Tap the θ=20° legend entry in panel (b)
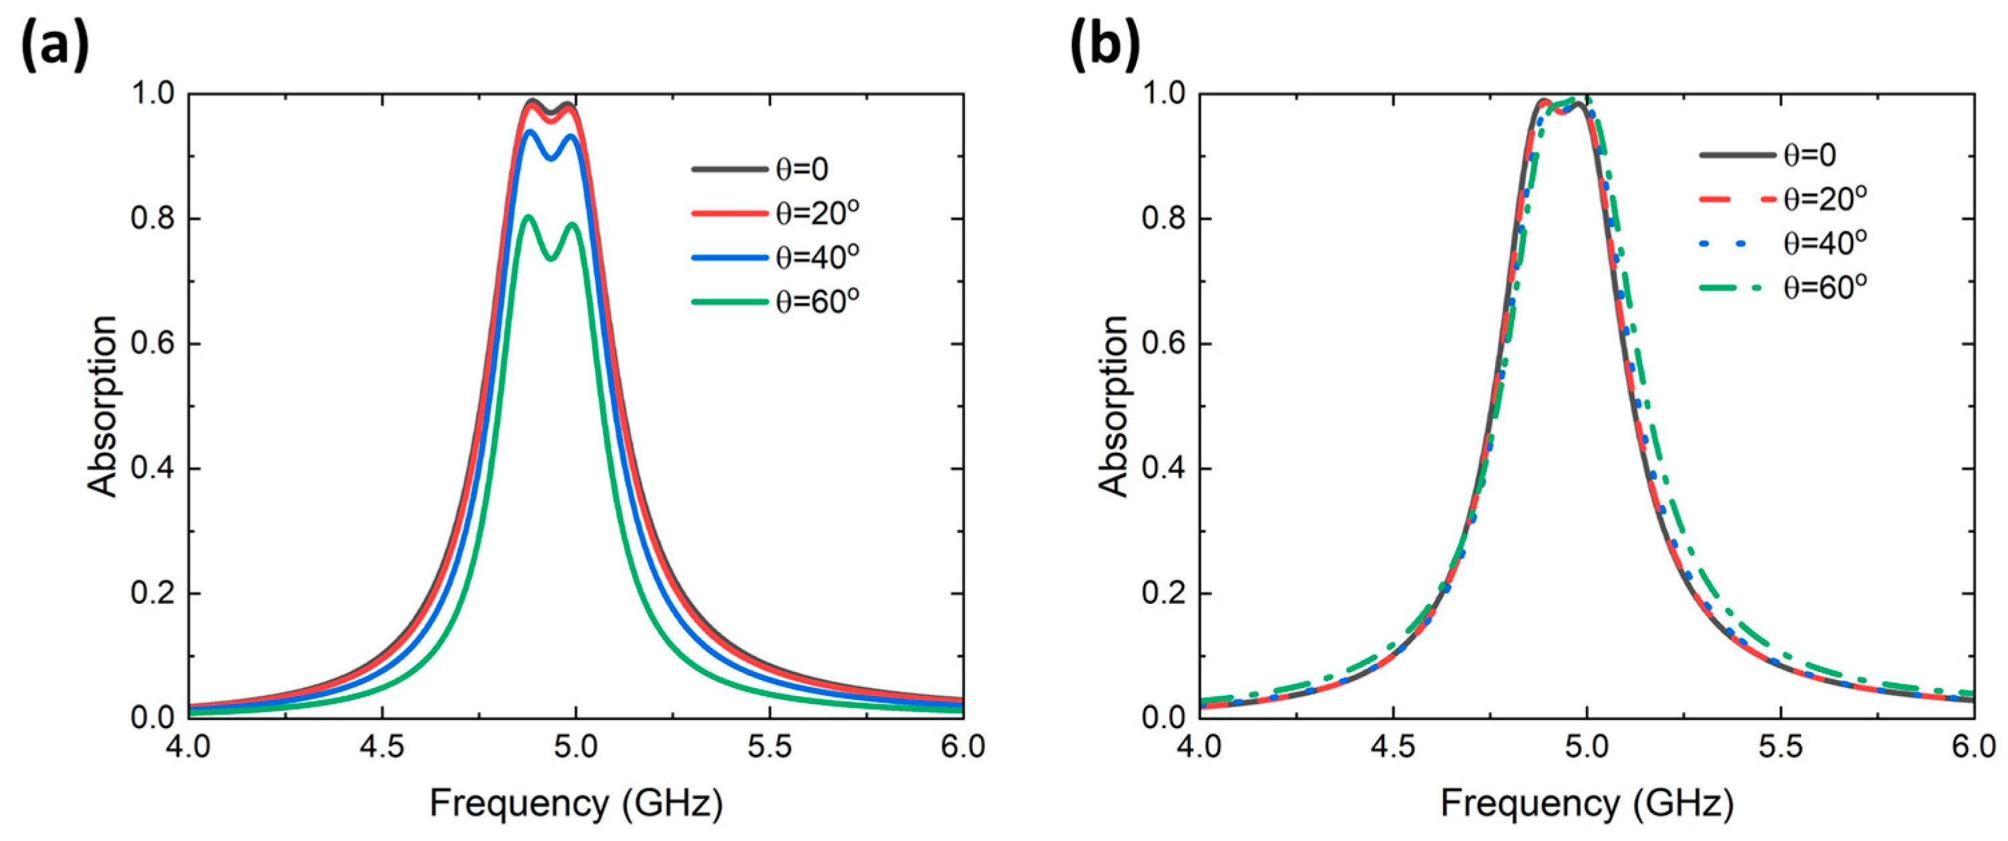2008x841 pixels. [1783, 200]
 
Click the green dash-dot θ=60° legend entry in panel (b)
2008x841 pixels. [1783, 289]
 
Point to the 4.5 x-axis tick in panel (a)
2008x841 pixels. [382, 747]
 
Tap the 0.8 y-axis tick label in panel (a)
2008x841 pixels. [153, 219]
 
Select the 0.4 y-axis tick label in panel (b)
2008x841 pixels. [1164, 469]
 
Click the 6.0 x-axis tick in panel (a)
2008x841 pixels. [964, 747]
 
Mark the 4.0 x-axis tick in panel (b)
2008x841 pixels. [1199, 747]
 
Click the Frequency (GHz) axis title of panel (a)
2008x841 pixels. [576, 804]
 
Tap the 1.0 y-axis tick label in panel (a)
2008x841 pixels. [153, 94]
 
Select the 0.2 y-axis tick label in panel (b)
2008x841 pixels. [1164, 594]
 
